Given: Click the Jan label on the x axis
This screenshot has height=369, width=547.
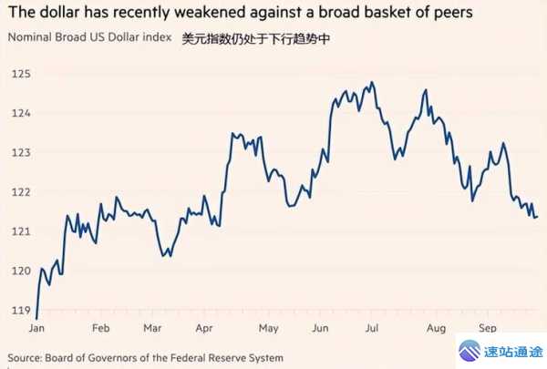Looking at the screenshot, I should click(x=37, y=327).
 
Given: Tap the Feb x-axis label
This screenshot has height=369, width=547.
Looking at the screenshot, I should click(x=102, y=327).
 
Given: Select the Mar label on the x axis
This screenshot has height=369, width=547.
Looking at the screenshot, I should click(x=153, y=327).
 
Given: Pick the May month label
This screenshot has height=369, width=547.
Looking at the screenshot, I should click(x=268, y=327).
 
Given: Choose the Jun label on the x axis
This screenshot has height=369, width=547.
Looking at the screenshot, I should click(x=320, y=327).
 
